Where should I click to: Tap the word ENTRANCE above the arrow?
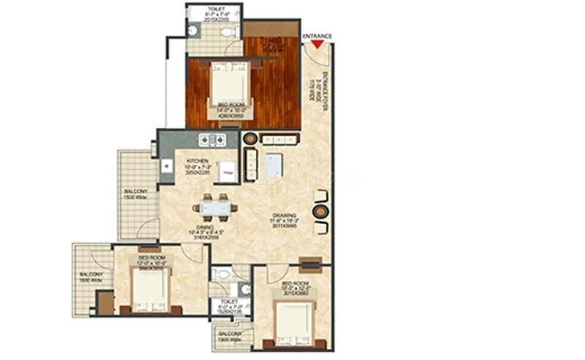[317, 35]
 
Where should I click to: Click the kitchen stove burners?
[216, 139]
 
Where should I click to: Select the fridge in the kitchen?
[227, 168]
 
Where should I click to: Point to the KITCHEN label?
[197, 160]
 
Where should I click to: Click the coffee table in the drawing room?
[275, 165]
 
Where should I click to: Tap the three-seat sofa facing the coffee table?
[280, 139]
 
